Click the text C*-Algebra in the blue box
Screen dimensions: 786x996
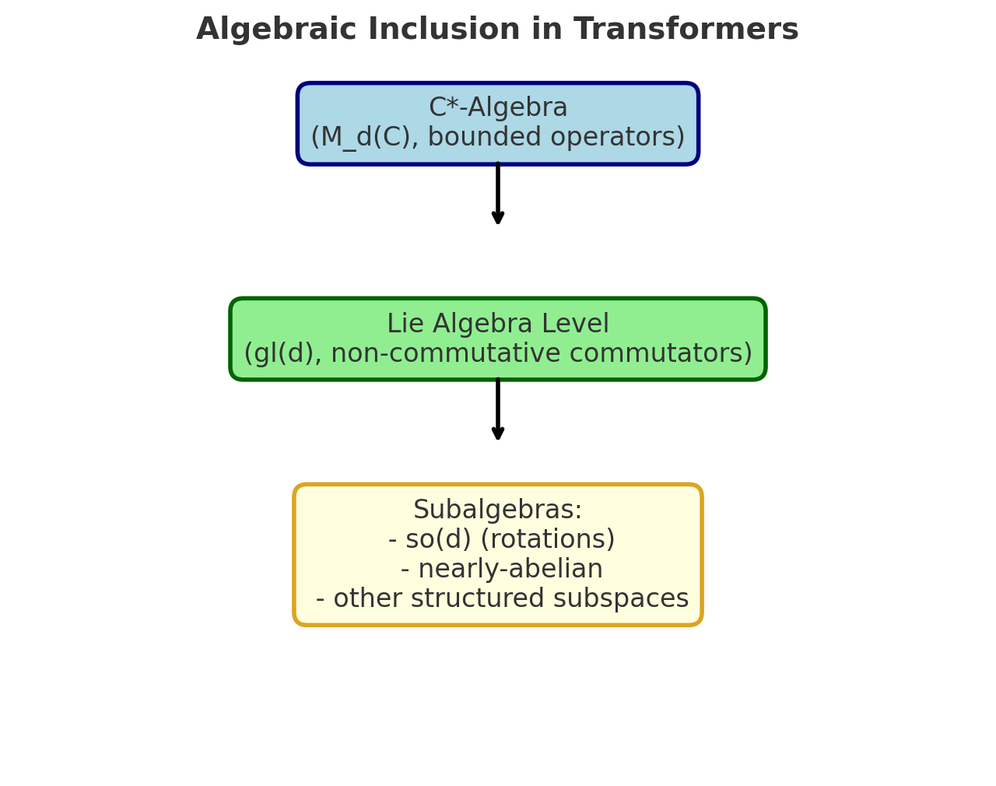[x=498, y=108]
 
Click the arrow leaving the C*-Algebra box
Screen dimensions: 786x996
[x=498, y=194]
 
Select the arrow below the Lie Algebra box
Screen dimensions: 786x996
[x=498, y=409]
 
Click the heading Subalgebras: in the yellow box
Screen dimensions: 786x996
[x=498, y=511]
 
